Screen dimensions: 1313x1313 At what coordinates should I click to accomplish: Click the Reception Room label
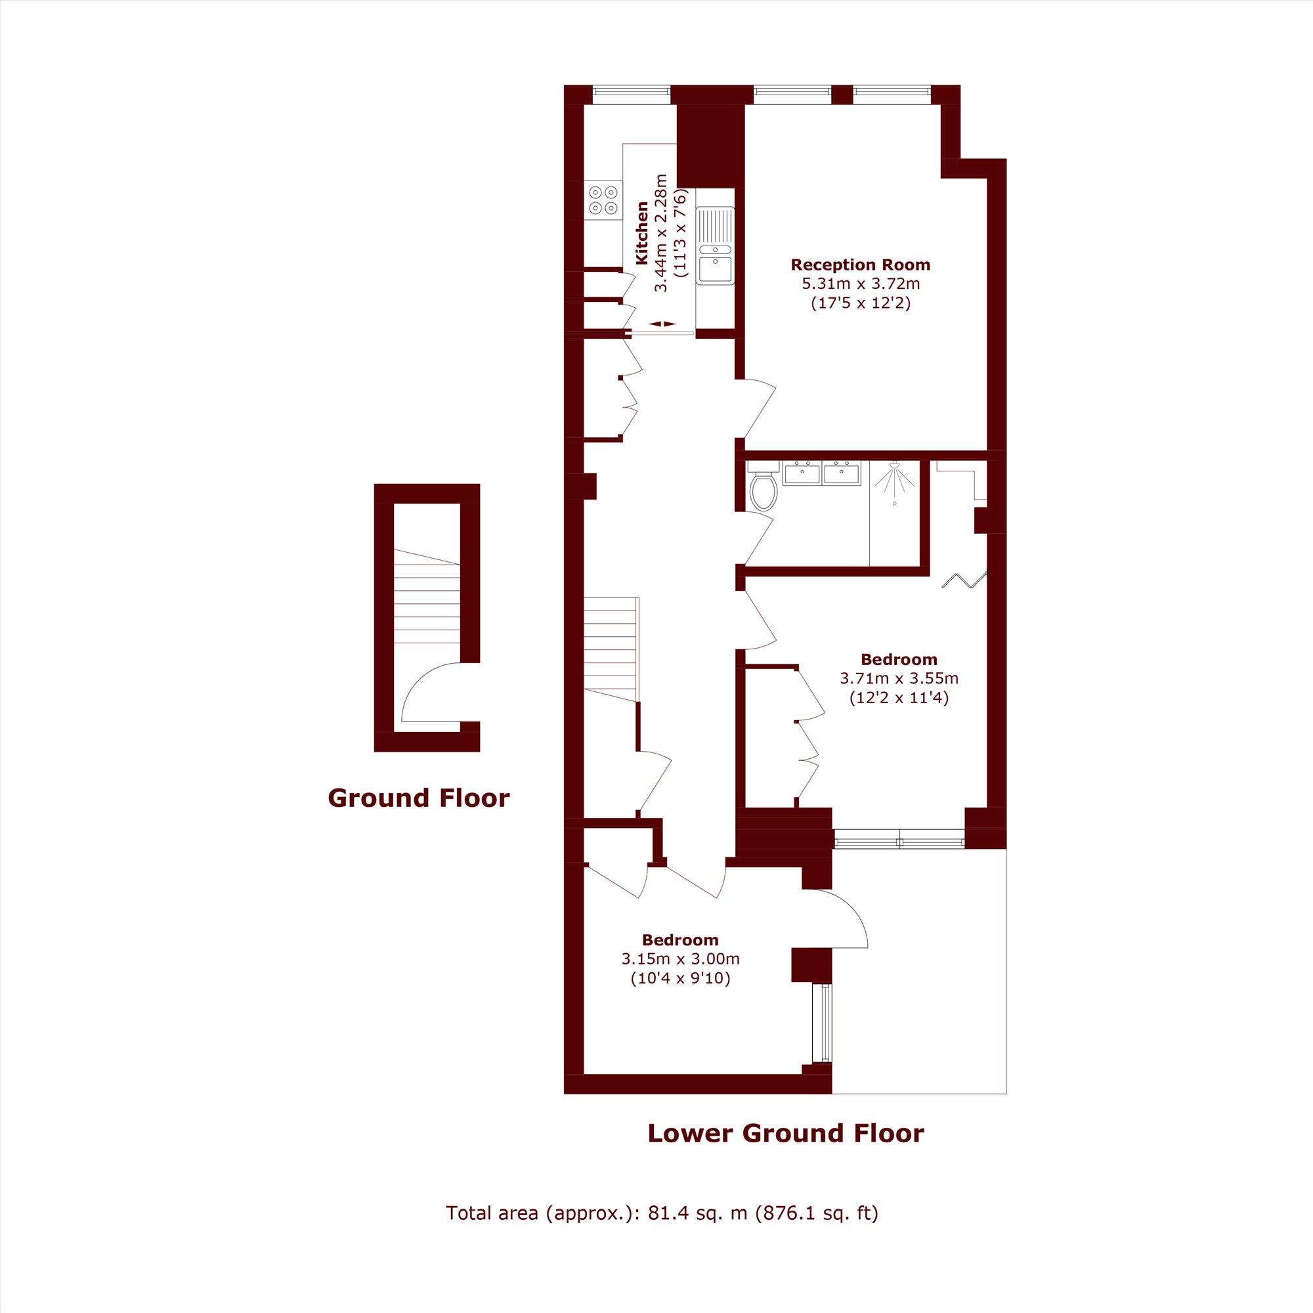tap(861, 265)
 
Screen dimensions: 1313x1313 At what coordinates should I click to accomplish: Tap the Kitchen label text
tap(641, 233)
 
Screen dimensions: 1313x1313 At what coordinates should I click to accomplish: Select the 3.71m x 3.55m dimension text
tap(899, 678)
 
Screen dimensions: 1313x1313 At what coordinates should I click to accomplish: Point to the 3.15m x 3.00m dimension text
tap(680, 959)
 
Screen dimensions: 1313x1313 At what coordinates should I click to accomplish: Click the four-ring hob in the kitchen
tap(603, 200)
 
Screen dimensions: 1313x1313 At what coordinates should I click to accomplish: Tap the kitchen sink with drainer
tap(715, 246)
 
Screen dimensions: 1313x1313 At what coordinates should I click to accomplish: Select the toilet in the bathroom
tap(764, 486)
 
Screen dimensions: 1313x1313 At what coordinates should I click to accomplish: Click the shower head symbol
tap(894, 478)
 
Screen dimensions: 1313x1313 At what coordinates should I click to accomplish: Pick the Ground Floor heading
tap(419, 798)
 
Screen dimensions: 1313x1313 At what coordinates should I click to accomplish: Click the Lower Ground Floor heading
tap(786, 1133)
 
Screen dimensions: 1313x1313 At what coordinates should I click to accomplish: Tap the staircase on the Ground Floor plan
tap(427, 596)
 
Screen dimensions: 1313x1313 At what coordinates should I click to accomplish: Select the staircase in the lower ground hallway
tap(611, 649)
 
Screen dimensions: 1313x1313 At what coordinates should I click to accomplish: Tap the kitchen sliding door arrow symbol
tap(662, 324)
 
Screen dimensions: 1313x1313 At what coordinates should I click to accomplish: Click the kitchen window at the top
tap(632, 95)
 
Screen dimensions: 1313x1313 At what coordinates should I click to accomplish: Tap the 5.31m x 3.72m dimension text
tap(861, 284)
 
